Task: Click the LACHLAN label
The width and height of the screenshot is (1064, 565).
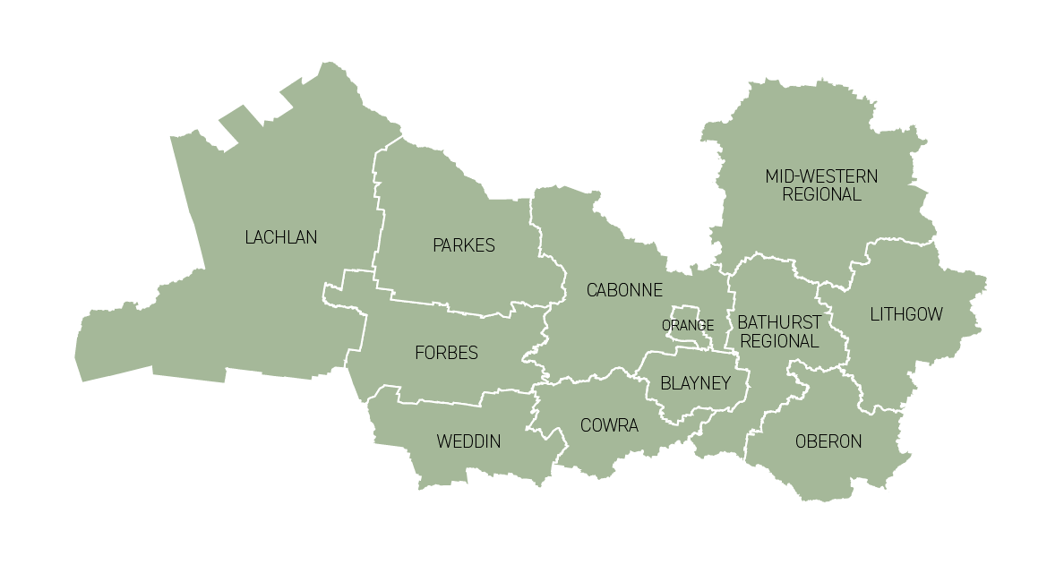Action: coord(280,237)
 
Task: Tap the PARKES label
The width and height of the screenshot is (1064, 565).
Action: coord(463,245)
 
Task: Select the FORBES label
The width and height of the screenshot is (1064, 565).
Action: coord(446,353)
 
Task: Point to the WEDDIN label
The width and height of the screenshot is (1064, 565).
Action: coord(468,441)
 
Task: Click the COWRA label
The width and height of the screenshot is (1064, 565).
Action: coord(609,425)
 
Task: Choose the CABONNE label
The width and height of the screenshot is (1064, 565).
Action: coord(624,290)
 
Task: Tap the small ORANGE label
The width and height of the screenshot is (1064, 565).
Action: coord(688,326)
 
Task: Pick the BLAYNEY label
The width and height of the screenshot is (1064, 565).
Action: coord(696,383)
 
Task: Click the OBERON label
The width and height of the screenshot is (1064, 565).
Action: coord(828,441)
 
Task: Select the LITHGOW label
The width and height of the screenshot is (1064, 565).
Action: coord(906,314)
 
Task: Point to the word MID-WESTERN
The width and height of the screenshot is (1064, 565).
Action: coord(821,176)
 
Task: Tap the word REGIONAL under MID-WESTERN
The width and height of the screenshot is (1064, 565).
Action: coord(821,194)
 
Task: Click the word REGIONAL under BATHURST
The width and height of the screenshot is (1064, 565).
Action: coord(779,341)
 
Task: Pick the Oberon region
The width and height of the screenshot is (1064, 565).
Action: coord(824,470)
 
